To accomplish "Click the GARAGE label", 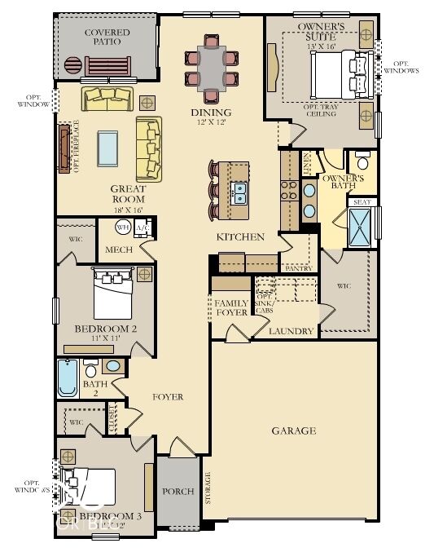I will [x=294, y=431].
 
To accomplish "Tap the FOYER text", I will [x=169, y=397].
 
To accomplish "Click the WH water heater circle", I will [x=124, y=227].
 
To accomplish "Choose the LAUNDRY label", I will [x=292, y=332].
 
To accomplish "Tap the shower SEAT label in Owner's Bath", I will [x=362, y=202].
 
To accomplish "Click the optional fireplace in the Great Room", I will [x=64, y=147].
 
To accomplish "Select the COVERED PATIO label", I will [x=107, y=37].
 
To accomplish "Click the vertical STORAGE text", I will [x=208, y=487].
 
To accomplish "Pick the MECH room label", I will [x=119, y=250].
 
